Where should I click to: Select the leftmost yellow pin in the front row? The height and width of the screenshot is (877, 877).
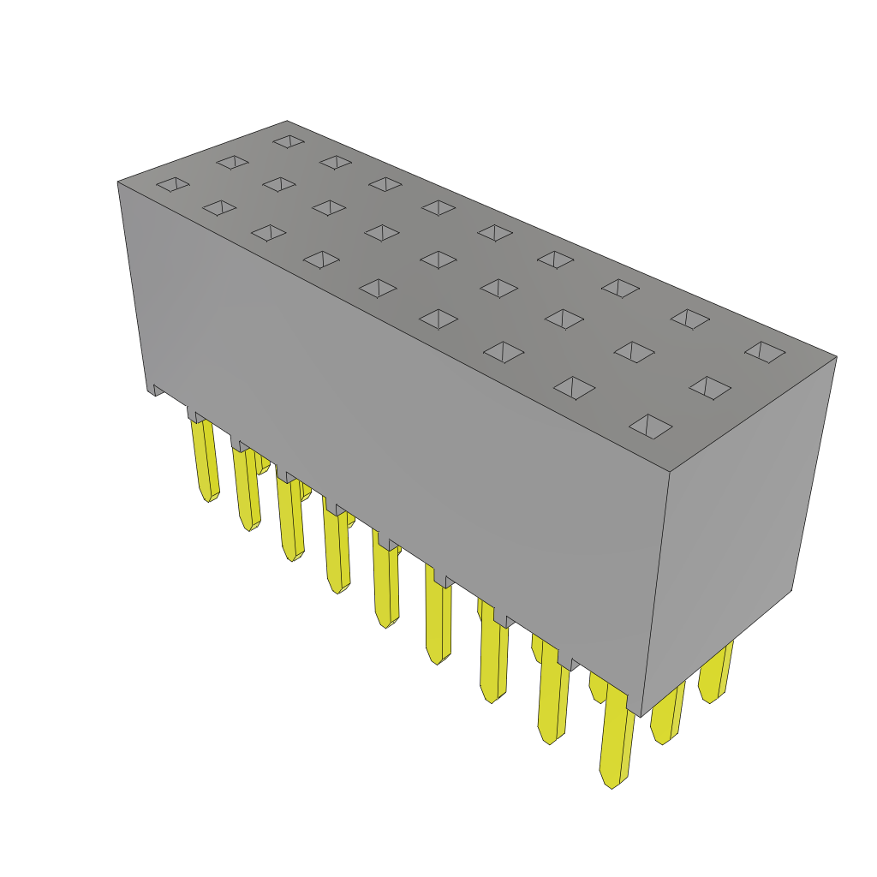click(206, 462)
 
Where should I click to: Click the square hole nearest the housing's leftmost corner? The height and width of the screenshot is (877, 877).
click(173, 184)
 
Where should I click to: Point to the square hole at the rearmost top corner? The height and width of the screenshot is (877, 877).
click(289, 141)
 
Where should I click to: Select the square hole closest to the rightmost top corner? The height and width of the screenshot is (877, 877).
click(765, 352)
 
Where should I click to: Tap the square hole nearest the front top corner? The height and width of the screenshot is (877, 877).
click(651, 427)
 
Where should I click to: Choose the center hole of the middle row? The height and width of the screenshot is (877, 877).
click(438, 260)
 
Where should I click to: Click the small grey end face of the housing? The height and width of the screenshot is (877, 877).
click(737, 531)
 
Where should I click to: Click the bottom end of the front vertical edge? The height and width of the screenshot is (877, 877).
click(641, 716)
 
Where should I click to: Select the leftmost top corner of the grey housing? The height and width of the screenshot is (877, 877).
click(118, 182)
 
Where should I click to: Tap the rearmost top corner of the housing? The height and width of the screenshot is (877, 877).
click(287, 122)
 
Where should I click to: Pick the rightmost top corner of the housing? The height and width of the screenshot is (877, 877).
click(836, 357)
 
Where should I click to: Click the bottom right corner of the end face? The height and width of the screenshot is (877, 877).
click(790, 590)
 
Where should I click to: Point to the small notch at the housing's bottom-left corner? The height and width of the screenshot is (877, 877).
click(158, 390)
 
